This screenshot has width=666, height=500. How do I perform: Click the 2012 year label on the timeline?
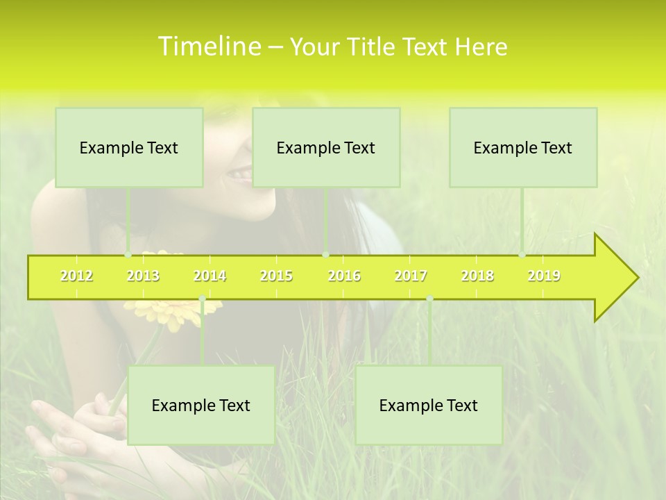[76, 276]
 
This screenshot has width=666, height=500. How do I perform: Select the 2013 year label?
[143, 276]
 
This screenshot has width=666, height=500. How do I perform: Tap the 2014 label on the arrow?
[210, 276]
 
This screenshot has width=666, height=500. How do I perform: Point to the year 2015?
[276, 276]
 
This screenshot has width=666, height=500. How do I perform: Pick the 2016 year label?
[344, 276]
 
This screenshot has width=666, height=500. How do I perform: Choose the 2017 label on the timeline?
[411, 276]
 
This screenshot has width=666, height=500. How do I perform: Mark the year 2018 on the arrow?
[477, 276]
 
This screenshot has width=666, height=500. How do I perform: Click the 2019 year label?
[544, 276]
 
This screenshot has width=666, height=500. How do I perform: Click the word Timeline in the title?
[208, 47]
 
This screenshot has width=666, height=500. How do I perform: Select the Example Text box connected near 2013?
[129, 147]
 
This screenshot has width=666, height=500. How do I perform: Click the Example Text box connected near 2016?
[326, 147]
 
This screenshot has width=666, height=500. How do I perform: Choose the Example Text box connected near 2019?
[523, 147]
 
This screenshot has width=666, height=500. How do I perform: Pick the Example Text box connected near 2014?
[201, 405]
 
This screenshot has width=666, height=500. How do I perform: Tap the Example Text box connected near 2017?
[429, 405]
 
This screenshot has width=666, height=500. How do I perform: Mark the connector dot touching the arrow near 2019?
[522, 255]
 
